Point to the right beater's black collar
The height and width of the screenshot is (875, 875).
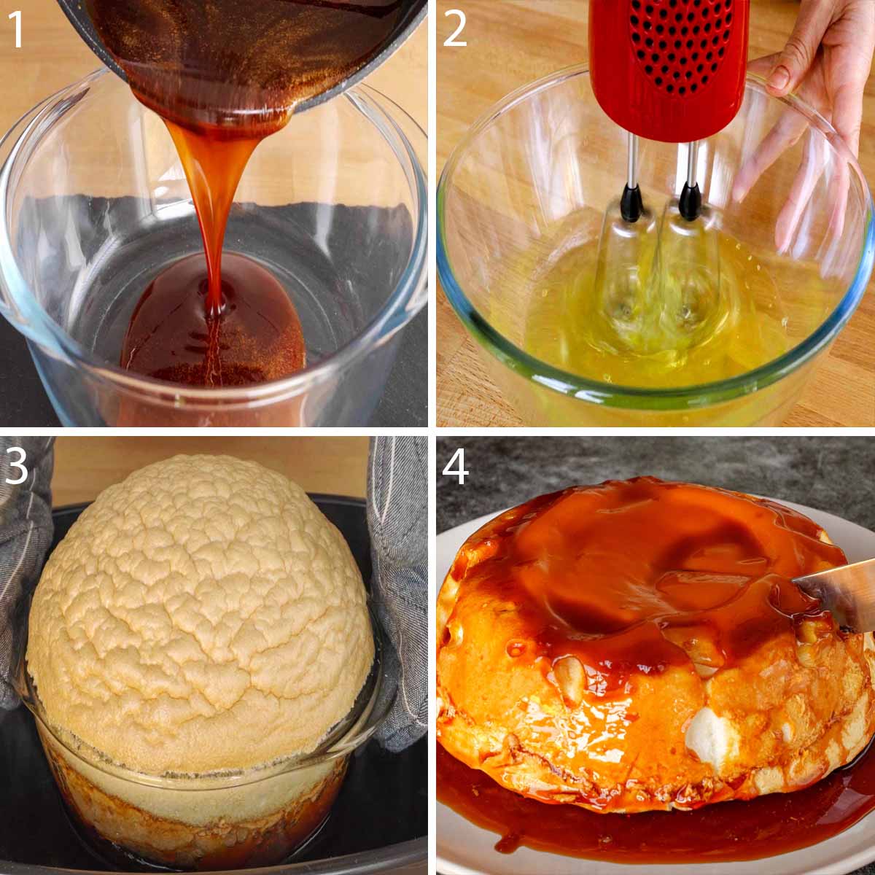689,201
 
